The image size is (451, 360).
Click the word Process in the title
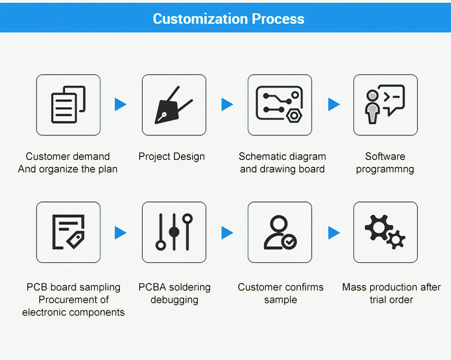[278, 19]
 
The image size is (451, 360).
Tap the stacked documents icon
[68, 105]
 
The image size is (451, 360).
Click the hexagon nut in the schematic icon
[294, 116]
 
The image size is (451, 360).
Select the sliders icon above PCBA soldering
[174, 232]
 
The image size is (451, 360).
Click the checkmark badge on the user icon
[289, 242]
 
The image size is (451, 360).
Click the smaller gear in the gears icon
[396, 240]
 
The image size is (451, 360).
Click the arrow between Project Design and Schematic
[227, 104]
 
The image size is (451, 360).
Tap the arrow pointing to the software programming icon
[334, 104]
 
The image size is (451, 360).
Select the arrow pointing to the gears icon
[334, 233]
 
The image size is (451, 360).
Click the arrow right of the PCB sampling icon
[120, 233]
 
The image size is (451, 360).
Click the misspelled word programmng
[385, 169]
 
